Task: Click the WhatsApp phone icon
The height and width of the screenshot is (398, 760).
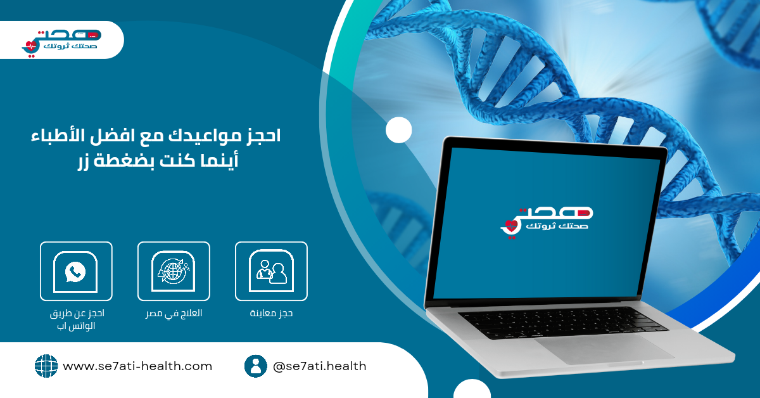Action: point(75,271)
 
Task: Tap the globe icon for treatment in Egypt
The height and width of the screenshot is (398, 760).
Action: point(174,271)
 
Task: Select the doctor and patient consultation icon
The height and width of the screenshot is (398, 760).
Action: point(272,272)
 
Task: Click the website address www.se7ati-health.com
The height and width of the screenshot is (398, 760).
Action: point(137,366)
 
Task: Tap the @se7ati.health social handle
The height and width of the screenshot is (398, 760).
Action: point(320,366)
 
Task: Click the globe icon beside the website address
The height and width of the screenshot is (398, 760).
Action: point(46,366)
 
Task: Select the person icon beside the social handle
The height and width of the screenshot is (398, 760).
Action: point(255,366)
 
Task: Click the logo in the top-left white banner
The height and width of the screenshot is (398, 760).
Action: point(61,43)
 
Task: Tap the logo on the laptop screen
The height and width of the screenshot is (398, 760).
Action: point(547,223)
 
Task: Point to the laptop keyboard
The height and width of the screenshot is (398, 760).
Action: point(563,323)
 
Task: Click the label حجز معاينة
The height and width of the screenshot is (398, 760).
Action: point(271,313)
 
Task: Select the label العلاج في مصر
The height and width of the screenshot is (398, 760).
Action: point(174,313)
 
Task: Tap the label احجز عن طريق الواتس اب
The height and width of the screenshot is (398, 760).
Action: point(77,319)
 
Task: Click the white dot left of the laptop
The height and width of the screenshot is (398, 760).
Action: point(398,130)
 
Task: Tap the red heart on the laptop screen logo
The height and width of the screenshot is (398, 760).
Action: point(511,226)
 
